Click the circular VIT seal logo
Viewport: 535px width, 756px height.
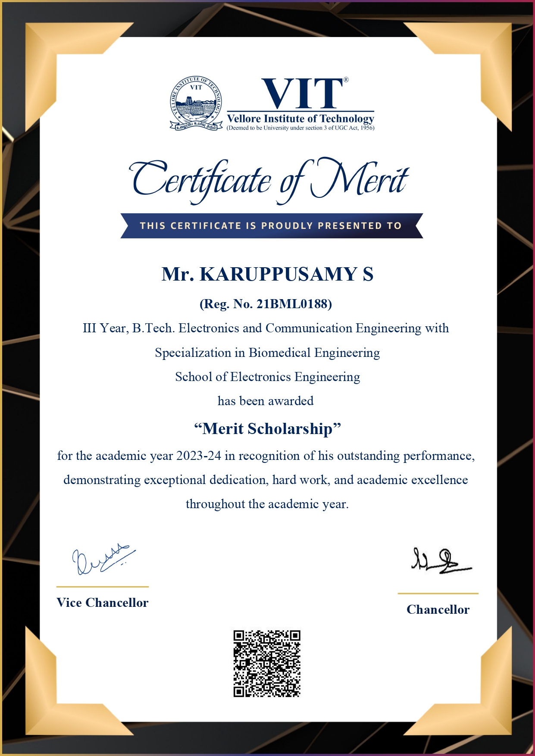pos(196,103)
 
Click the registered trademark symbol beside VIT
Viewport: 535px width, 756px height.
pos(346,80)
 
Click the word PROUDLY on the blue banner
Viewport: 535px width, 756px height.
pos(287,226)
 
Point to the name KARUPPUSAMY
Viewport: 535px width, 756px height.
pos(278,274)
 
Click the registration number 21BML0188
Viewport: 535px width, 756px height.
pos(293,304)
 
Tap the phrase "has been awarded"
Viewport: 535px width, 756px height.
pos(266,401)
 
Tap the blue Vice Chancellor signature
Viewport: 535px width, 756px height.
pos(102,559)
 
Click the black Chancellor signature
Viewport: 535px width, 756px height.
pos(440,561)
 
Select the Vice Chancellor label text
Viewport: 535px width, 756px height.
pos(102,603)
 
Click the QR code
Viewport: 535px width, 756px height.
pos(267,663)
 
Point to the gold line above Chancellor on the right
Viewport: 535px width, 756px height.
pos(438,594)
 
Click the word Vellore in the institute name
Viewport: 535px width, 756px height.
pos(244,119)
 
